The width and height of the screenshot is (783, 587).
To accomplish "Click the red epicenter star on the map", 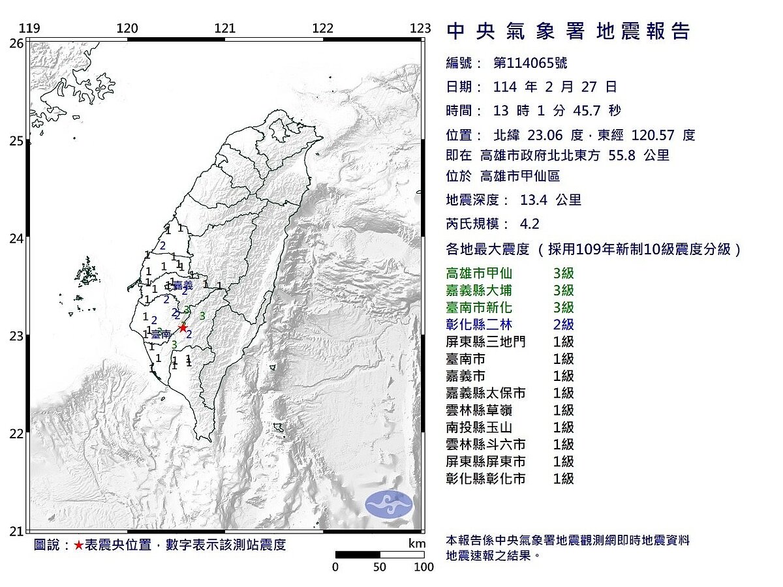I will (183, 327).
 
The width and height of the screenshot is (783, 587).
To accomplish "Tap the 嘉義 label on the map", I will (183, 285).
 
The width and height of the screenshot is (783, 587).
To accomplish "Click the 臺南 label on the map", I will (161, 334).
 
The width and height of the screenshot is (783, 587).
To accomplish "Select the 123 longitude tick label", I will (422, 28).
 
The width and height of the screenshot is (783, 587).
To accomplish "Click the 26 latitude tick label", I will (16, 43).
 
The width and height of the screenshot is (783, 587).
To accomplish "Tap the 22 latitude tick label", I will (16, 434).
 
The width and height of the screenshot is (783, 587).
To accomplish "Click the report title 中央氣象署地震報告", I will (568, 31).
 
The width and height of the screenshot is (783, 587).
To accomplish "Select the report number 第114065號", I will (530, 63).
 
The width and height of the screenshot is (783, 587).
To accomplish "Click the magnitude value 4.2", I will (530, 224).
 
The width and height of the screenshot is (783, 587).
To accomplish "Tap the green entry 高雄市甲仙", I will (476, 273).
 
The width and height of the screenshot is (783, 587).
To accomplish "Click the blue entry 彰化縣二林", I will (476, 324).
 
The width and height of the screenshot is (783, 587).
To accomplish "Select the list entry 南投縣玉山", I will (476, 427).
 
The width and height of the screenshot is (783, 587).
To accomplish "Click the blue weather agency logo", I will (389, 504).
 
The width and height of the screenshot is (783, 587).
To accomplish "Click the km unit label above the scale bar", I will (417, 544).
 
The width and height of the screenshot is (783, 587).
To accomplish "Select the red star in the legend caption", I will (78, 545).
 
